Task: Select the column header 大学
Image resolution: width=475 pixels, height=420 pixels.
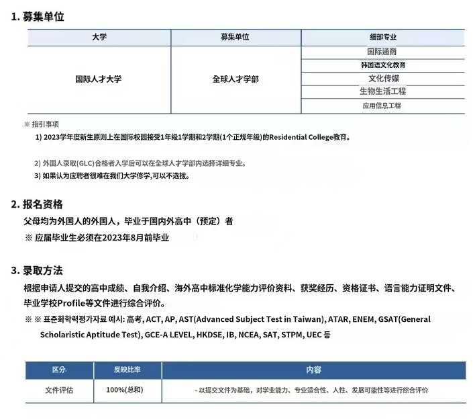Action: tap(99, 37)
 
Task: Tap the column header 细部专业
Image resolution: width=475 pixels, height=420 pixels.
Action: tap(382, 37)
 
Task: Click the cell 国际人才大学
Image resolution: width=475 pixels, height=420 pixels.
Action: tap(99, 79)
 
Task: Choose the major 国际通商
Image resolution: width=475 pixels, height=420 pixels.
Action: tap(382, 52)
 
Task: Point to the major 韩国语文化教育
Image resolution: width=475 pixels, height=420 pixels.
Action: tap(382, 65)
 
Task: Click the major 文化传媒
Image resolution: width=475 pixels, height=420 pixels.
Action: tap(382, 78)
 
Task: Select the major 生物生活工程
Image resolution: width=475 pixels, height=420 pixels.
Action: tap(382, 91)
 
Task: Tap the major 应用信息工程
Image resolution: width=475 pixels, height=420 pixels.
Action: tap(382, 106)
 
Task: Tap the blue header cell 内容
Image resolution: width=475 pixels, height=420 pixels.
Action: tap(313, 370)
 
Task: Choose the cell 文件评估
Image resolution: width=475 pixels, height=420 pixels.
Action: tap(59, 390)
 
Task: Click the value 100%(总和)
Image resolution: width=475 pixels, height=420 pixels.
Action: tap(124, 390)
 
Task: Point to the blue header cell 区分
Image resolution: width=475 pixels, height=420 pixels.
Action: tap(59, 370)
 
